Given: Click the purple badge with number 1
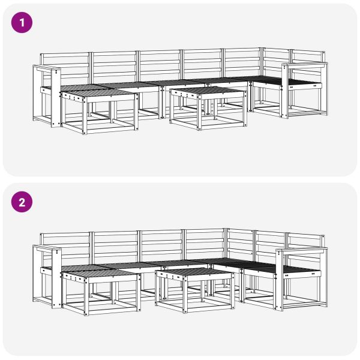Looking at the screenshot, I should [23, 23].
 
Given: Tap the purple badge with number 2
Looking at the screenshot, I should [23, 202].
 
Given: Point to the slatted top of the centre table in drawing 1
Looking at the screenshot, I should [207, 91].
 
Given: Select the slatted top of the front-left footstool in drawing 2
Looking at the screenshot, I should [96, 274].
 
